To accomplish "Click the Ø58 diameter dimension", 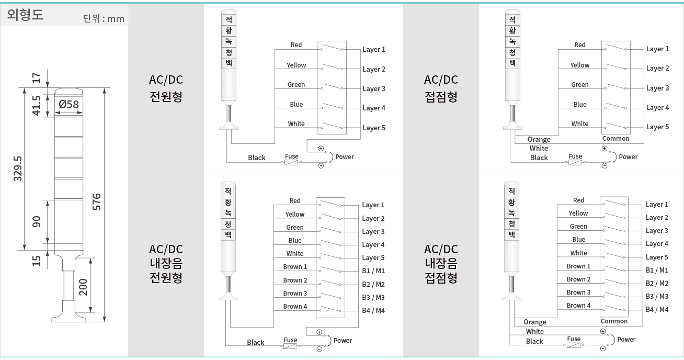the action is (x=69, y=105).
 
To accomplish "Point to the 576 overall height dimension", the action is (x=97, y=201).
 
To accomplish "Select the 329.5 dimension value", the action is (x=18, y=168).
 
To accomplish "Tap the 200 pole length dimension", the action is (x=83, y=287).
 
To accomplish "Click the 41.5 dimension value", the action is (x=36, y=105).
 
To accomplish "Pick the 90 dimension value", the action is (x=36, y=221).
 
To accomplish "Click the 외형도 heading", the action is (x=25, y=14).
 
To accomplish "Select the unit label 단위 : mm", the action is (x=104, y=19).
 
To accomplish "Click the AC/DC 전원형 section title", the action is (x=166, y=88).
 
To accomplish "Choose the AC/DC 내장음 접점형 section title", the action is (x=441, y=264).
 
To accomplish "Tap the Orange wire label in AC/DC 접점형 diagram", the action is (x=539, y=139).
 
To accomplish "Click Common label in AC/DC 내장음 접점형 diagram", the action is (x=614, y=321).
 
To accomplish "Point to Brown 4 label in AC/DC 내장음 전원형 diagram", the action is (x=295, y=306).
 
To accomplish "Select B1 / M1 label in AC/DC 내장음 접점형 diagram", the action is (x=657, y=270).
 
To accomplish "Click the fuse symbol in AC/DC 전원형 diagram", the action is (x=291, y=163).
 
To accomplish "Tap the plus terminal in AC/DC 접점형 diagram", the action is (x=605, y=149).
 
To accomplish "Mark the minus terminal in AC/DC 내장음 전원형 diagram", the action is (x=319, y=349).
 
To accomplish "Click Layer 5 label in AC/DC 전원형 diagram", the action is (x=374, y=128).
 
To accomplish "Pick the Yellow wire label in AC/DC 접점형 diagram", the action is (x=580, y=65).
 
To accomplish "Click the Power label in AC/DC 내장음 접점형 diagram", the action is (x=626, y=339).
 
